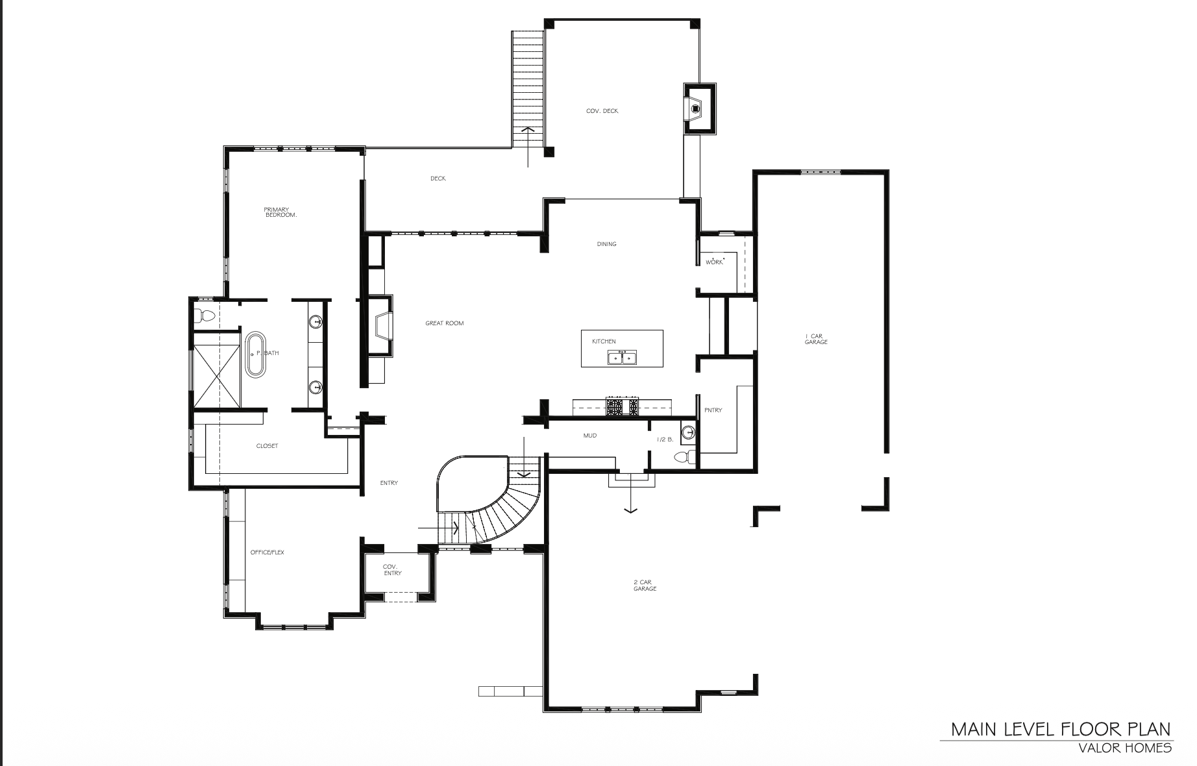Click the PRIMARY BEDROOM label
point(280,212)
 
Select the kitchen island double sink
point(622,357)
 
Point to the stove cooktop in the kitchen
point(622,407)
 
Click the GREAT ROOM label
point(445,323)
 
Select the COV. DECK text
point(602,111)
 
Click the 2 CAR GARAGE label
point(645,586)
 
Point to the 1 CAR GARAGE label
point(816,339)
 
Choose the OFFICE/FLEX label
point(267,552)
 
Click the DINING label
point(607,244)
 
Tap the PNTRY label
point(713,410)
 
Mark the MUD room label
point(590,436)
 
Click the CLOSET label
point(267,446)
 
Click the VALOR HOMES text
point(1125,748)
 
